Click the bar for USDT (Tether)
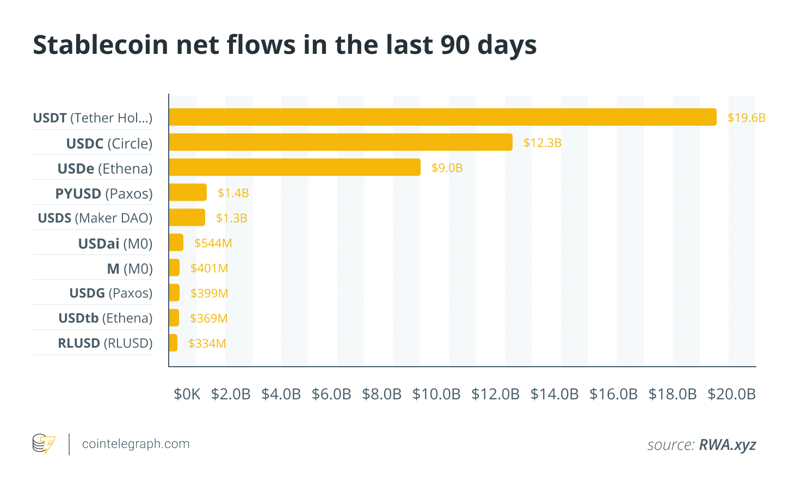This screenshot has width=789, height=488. pos(442,117)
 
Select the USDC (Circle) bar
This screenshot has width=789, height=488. pos(341,142)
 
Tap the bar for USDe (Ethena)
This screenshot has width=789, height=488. pos(294,167)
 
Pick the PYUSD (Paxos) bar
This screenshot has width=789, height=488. pos(188,192)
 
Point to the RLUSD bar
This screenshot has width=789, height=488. pos(173,343)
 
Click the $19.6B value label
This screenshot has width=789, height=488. pos(746,118)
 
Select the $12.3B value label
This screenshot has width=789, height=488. pos(542,143)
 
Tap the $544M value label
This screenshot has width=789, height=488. pos(213,243)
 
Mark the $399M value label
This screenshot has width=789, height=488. pos(209,293)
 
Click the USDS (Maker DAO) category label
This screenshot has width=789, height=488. pos(95,218)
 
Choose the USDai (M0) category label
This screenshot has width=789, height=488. pos(115,243)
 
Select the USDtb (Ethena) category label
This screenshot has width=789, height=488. pos(105,318)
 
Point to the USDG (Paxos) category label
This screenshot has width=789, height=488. pos(110,293)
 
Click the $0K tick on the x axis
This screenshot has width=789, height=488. pos(187,394)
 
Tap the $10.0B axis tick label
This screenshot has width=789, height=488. pos(436,394)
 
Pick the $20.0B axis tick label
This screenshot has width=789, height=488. pos(731,394)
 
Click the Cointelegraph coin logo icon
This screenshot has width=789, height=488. pos(44,444)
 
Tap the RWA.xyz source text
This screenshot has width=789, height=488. pos(727,444)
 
